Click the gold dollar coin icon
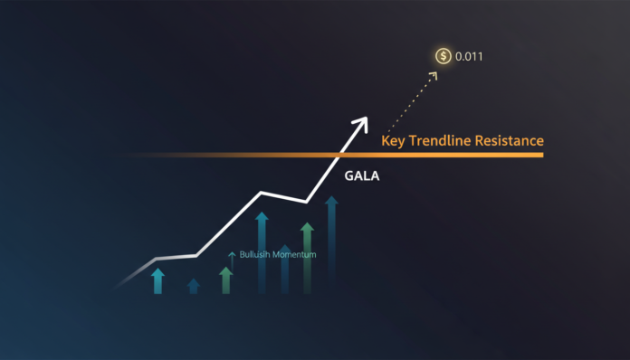pos(443,56)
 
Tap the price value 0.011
pos(469,56)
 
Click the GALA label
pos(362,177)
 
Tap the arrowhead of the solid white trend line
pos(363,120)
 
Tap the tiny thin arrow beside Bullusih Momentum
pos(232,256)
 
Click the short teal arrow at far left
pos(158,279)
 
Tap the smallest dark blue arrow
pos(193,286)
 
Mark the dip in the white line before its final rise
pos(306,201)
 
